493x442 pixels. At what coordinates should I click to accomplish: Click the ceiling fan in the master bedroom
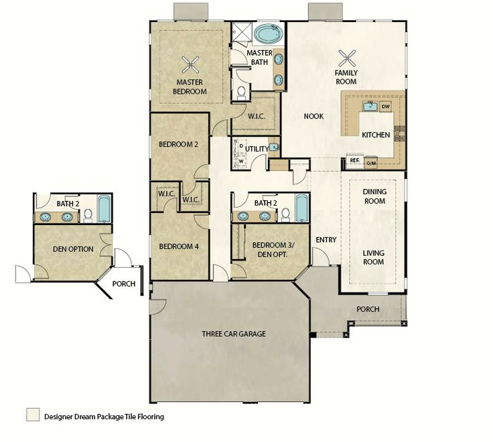(x=191, y=64)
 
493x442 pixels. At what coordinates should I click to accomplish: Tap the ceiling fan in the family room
(x=347, y=58)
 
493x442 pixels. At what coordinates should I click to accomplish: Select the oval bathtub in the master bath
(x=268, y=34)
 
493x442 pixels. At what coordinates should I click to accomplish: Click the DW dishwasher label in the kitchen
(x=385, y=106)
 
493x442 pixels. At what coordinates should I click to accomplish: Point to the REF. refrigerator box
(x=355, y=160)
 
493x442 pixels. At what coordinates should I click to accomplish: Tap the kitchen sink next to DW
(x=370, y=106)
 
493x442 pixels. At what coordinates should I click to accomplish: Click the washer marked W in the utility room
(x=241, y=161)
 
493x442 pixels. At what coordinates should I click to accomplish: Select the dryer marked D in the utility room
(x=241, y=145)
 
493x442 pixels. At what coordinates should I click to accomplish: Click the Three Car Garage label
(x=234, y=334)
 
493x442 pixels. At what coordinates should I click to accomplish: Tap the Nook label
(x=313, y=117)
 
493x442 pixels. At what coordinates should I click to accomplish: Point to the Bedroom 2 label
(x=178, y=144)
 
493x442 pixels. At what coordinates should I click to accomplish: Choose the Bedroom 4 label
(x=179, y=246)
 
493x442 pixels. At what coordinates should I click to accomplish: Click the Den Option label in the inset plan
(x=73, y=249)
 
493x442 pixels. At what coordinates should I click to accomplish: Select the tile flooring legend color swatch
(x=33, y=415)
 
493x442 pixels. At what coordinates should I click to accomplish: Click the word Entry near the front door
(x=326, y=240)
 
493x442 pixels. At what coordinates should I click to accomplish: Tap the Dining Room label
(x=374, y=196)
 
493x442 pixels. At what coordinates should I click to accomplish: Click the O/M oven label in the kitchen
(x=371, y=163)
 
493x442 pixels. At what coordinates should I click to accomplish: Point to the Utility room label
(x=257, y=149)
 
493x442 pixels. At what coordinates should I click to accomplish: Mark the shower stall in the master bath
(x=242, y=31)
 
